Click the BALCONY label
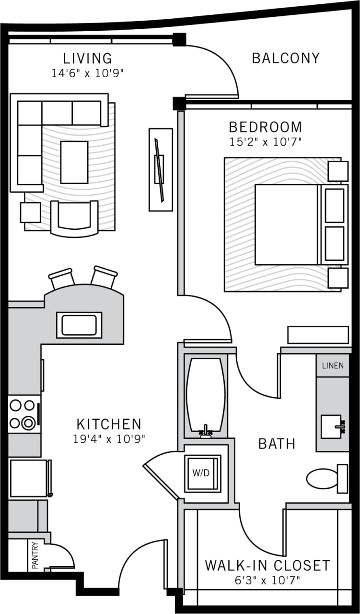coord(285,59)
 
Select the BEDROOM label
coord(265,127)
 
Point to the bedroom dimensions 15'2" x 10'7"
coord(265,142)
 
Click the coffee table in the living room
coord(74,162)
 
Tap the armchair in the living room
coord(74,218)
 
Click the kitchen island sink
coord(79,325)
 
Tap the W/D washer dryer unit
coord(202,473)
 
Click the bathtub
coord(205,395)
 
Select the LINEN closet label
coord(333,366)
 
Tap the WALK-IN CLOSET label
coord(267,566)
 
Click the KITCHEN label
coord(109,424)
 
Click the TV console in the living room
coord(161,169)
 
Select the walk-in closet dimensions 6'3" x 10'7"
coord(267,580)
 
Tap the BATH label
coord(277,444)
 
